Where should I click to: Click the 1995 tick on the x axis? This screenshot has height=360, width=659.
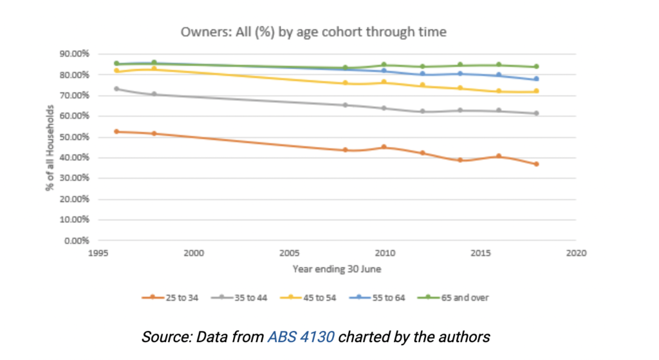tap(98, 253)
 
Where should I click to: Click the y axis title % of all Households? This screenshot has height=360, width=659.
tap(50, 147)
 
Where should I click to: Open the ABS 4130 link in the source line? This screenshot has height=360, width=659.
tap(301, 336)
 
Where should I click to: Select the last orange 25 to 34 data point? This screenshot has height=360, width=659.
tap(536, 164)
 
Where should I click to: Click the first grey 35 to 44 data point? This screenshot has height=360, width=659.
tap(116, 89)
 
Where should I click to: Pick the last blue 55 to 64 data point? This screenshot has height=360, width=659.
tap(536, 79)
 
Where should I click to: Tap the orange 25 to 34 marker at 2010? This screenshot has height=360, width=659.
tap(384, 147)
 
